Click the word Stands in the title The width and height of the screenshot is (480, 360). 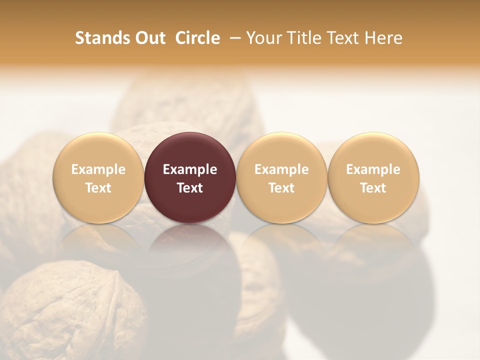[99, 38]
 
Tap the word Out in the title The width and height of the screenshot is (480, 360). [149, 38]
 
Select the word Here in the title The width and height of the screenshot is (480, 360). [384, 38]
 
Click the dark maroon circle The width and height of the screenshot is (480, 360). [190, 150]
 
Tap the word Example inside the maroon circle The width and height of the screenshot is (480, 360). [190, 169]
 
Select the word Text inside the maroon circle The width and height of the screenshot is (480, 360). [190, 188]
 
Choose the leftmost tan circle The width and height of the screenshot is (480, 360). [98, 150]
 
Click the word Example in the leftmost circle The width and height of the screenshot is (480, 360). [98, 169]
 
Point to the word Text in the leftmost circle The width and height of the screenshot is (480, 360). [98, 188]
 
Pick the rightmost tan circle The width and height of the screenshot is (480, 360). [373, 150]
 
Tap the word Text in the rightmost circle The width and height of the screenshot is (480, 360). [373, 188]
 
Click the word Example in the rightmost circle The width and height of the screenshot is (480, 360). [373, 169]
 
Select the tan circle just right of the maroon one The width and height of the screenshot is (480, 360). [281, 150]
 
